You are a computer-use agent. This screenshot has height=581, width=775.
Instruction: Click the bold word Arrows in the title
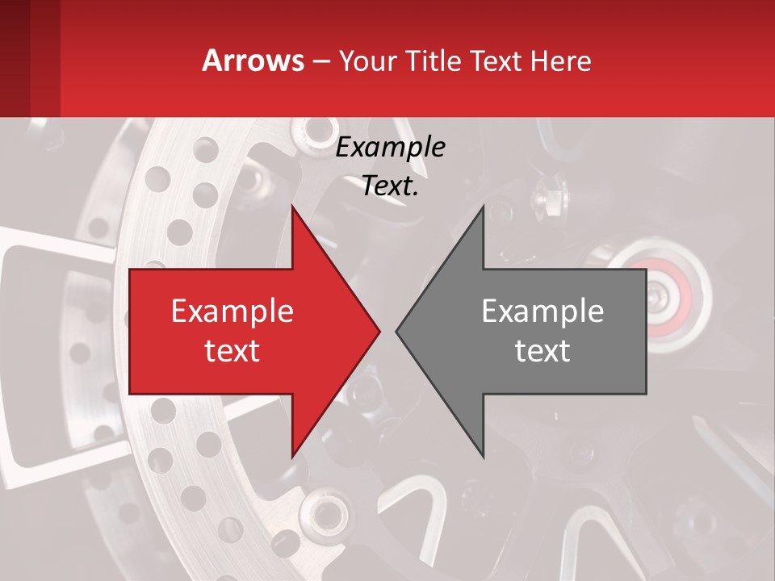pyautogui.click(x=253, y=61)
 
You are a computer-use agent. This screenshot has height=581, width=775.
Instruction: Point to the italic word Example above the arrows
pyautogui.click(x=391, y=148)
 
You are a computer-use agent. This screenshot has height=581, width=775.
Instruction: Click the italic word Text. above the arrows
pyautogui.click(x=391, y=186)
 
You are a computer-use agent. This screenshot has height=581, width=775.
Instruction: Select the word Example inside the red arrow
pyautogui.click(x=232, y=311)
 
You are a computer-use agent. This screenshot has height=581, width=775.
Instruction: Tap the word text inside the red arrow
pyautogui.click(x=232, y=350)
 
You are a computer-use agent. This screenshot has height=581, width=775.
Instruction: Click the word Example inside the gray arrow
pyautogui.click(x=542, y=311)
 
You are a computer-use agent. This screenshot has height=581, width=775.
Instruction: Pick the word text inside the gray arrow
pyautogui.click(x=542, y=350)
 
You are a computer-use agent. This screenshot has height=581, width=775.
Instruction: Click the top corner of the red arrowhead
pyautogui.click(x=293, y=208)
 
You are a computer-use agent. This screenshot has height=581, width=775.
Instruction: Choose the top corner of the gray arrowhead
pyautogui.click(x=483, y=208)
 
